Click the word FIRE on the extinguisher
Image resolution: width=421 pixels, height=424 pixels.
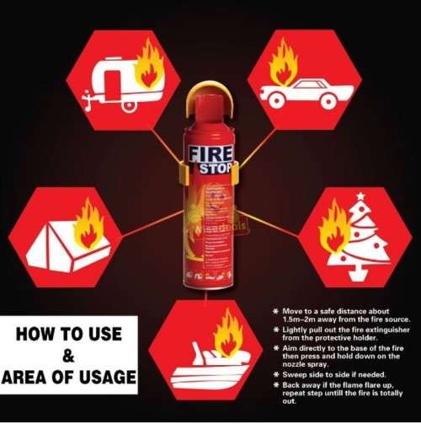point(205,155)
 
